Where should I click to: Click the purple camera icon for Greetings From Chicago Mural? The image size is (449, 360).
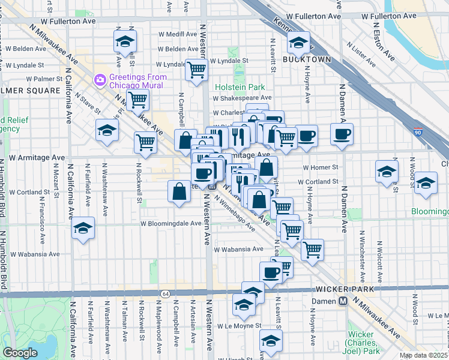click(x=100, y=79)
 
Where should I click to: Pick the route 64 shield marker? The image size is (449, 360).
click(x=164, y=293)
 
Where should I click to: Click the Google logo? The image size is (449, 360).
click(x=20, y=352)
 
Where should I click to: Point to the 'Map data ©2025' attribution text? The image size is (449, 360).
click(x=424, y=355)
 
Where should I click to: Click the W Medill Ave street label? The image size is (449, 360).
click(x=177, y=34)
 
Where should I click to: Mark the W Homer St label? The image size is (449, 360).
click(x=321, y=167)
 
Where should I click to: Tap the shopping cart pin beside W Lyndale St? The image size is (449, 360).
click(x=196, y=70)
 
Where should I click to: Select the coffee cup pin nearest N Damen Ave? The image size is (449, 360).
click(x=342, y=134)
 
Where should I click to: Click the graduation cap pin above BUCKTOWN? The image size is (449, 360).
click(x=297, y=42)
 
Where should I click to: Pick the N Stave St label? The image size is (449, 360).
click(x=88, y=106)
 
